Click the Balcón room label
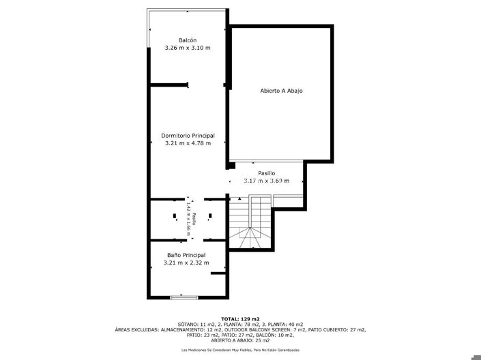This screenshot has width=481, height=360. pos(188,40)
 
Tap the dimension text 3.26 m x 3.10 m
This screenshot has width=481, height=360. pos(188,48)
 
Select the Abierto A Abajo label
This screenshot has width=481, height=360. pos(281,91)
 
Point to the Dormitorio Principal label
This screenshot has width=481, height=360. pos(188,135)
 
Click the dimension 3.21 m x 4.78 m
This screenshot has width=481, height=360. pos(188,143)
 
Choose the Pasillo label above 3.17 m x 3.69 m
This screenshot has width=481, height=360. pos(267,172)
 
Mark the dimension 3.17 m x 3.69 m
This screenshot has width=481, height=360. pos(267,181)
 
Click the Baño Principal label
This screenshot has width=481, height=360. pos(186,255)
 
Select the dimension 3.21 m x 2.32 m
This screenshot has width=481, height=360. pos(186,263)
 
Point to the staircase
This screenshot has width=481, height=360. pos(251,222)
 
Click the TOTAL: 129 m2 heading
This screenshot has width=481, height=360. pos(241,318)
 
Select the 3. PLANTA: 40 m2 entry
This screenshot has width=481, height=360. pos(282,324)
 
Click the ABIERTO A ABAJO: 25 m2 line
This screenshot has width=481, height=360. pos(241,340)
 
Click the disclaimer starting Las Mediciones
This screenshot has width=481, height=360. pos(240,350)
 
